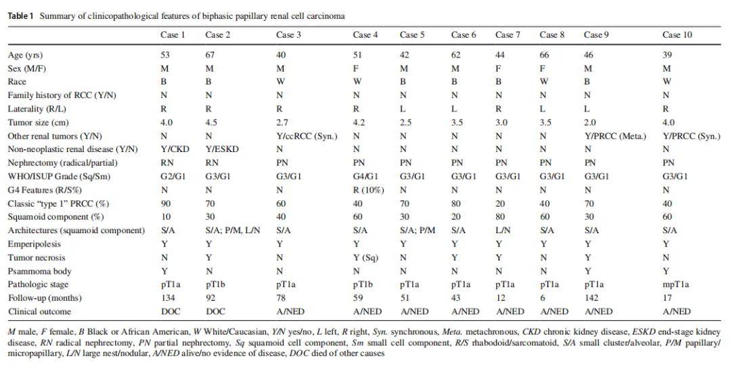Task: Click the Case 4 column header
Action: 365,34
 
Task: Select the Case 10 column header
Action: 676,34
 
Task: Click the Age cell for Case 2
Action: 209,55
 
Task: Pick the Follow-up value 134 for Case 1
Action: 167,298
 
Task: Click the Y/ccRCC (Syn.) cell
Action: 303,136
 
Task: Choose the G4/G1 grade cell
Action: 365,176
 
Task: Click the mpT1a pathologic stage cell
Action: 675,285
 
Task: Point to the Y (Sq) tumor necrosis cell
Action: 365,257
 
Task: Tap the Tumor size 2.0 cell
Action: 590,122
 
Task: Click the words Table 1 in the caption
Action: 20,15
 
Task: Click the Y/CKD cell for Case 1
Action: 172,149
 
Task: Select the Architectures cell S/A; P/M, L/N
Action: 231,230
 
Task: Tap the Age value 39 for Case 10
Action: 666,55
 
